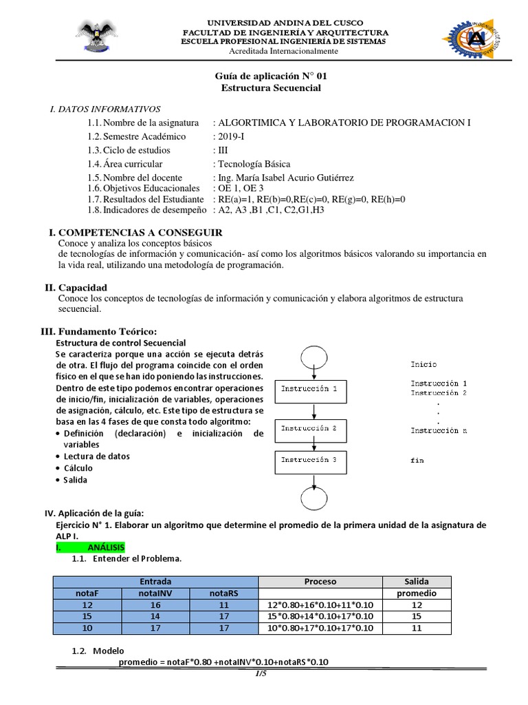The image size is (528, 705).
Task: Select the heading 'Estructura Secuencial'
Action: click(271, 88)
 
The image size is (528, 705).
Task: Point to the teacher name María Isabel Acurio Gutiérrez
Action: click(285, 178)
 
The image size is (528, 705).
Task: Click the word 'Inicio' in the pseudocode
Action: click(423, 364)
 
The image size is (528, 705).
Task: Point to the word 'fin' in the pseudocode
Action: click(417, 461)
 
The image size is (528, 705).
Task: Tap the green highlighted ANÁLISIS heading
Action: click(90, 547)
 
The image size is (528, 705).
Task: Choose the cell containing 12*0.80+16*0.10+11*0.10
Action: click(320, 604)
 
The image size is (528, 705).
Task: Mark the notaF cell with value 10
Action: click(87, 628)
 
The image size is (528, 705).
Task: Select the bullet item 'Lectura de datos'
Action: click(97, 456)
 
